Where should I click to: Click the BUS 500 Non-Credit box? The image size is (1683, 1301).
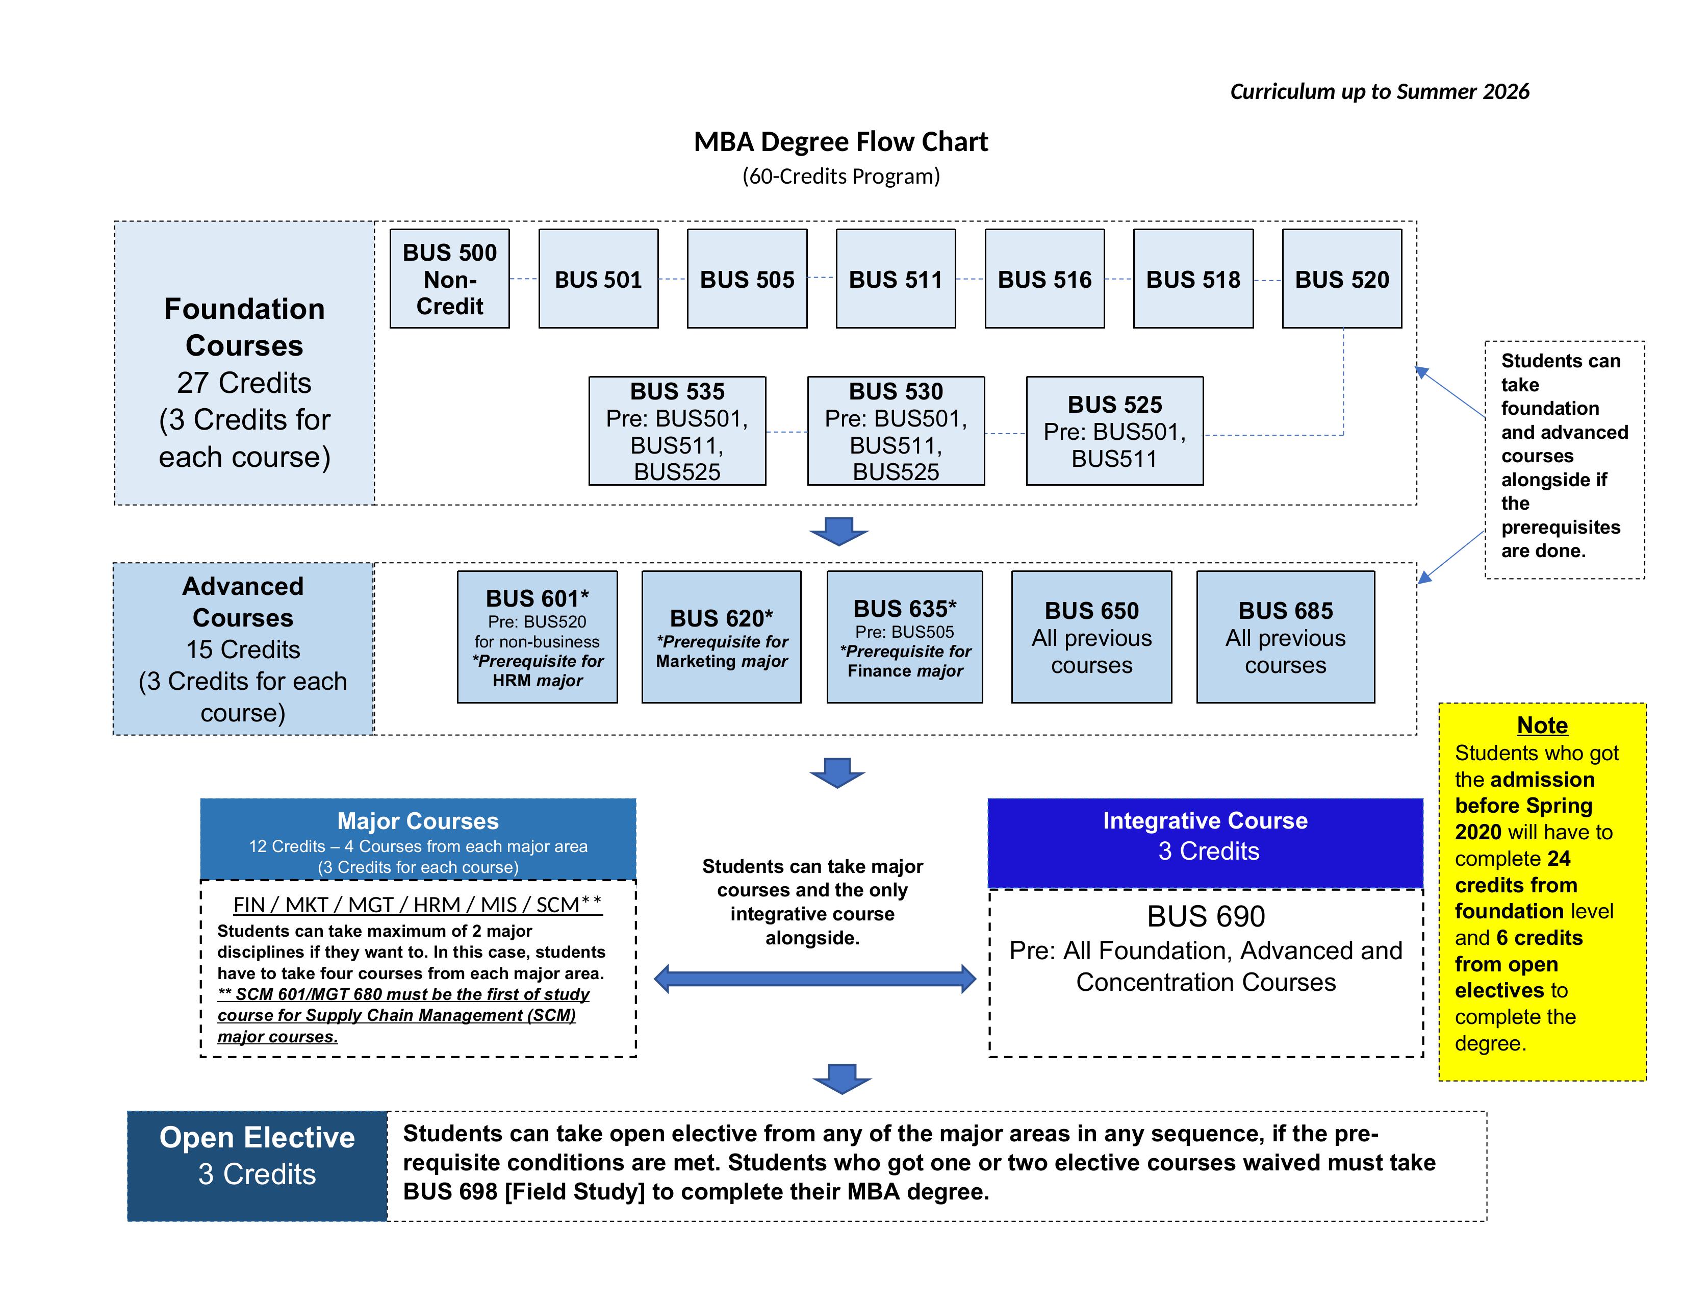(x=449, y=278)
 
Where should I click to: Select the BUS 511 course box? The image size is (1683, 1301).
(x=896, y=278)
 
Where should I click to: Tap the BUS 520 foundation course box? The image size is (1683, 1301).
(x=1342, y=278)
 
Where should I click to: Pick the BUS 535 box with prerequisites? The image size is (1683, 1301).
(x=677, y=431)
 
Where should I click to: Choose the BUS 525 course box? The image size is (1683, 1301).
(x=1114, y=431)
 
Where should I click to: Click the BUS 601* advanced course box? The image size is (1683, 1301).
(x=537, y=637)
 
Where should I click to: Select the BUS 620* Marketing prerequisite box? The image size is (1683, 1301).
(x=721, y=637)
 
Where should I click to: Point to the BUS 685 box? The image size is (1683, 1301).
(x=1285, y=637)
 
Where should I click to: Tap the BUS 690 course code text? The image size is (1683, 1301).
(x=1206, y=916)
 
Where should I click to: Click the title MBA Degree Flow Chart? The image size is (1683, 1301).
(x=840, y=142)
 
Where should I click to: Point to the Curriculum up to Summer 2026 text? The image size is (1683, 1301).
(x=1380, y=92)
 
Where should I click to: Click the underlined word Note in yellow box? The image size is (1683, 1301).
(x=1542, y=725)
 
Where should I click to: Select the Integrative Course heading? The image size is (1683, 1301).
(x=1205, y=821)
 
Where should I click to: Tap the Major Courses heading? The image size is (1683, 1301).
(x=418, y=821)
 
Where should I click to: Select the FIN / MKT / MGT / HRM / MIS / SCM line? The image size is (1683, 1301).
(x=418, y=905)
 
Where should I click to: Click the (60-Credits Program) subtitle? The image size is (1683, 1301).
(x=840, y=177)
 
